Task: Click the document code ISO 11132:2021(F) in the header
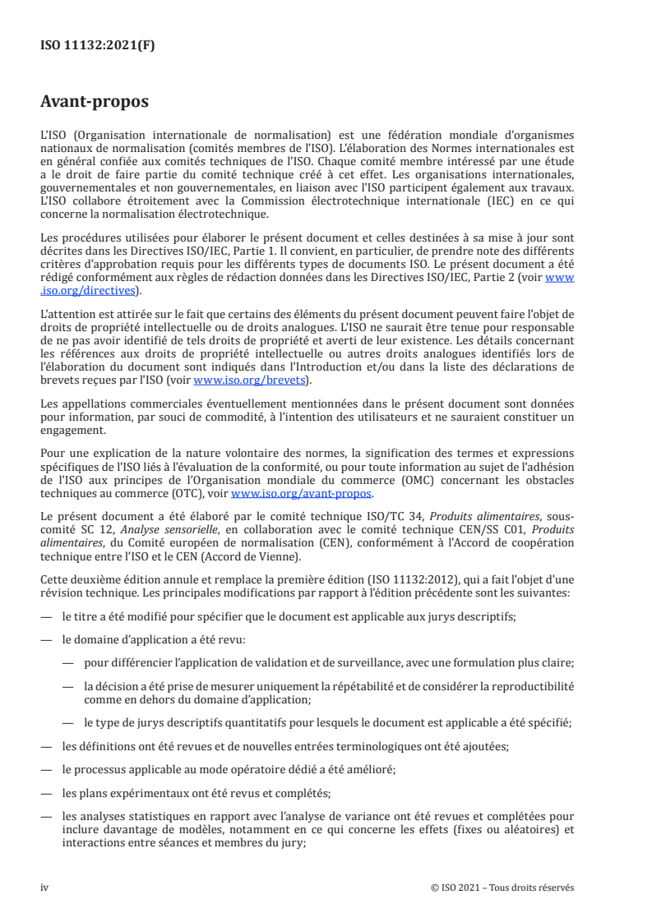(x=97, y=47)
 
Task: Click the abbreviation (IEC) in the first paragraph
(x=519, y=202)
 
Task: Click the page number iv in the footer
(x=45, y=887)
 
